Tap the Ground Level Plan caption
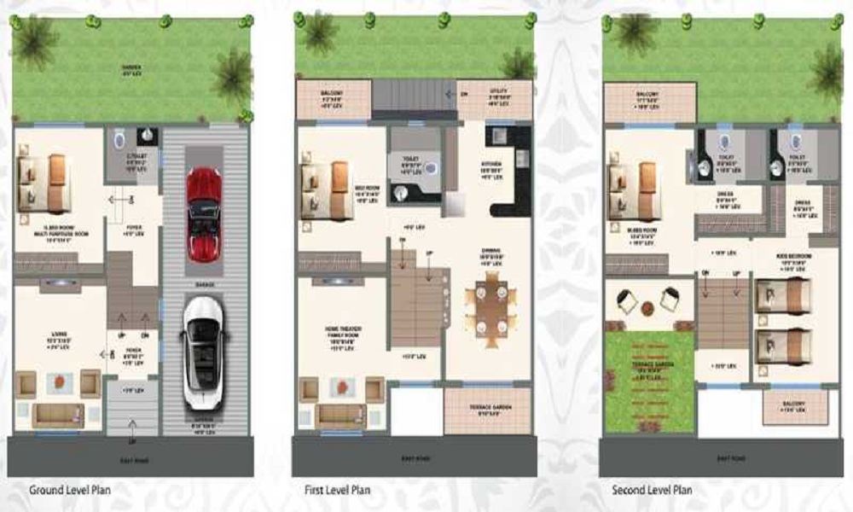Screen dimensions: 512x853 click(70, 490)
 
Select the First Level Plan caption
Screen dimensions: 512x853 click(338, 490)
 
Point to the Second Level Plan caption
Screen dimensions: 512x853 click(652, 490)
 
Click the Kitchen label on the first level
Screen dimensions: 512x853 click(490, 166)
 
